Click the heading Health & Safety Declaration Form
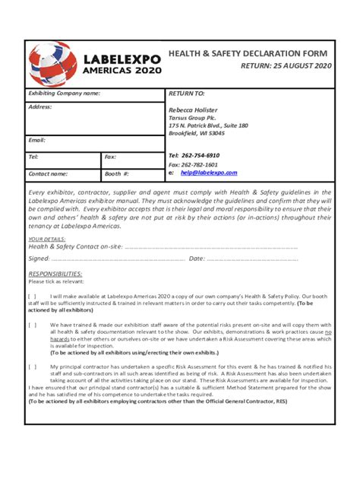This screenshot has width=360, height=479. click(248, 53)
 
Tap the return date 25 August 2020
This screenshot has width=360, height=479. click(286, 66)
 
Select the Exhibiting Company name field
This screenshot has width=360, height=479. click(95, 94)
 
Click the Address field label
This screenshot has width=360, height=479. click(40, 107)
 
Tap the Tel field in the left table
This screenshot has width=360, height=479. click(64, 157)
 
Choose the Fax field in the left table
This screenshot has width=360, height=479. click(132, 157)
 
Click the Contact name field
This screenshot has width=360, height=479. click(64, 173)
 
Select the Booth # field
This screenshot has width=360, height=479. click(132, 173)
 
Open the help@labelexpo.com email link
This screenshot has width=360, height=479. click(209, 173)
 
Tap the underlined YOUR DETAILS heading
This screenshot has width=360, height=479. click(46, 239)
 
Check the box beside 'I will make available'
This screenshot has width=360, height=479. click(32, 297)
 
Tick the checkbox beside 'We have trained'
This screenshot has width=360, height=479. click(32, 325)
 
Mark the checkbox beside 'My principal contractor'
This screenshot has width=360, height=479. click(32, 366)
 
